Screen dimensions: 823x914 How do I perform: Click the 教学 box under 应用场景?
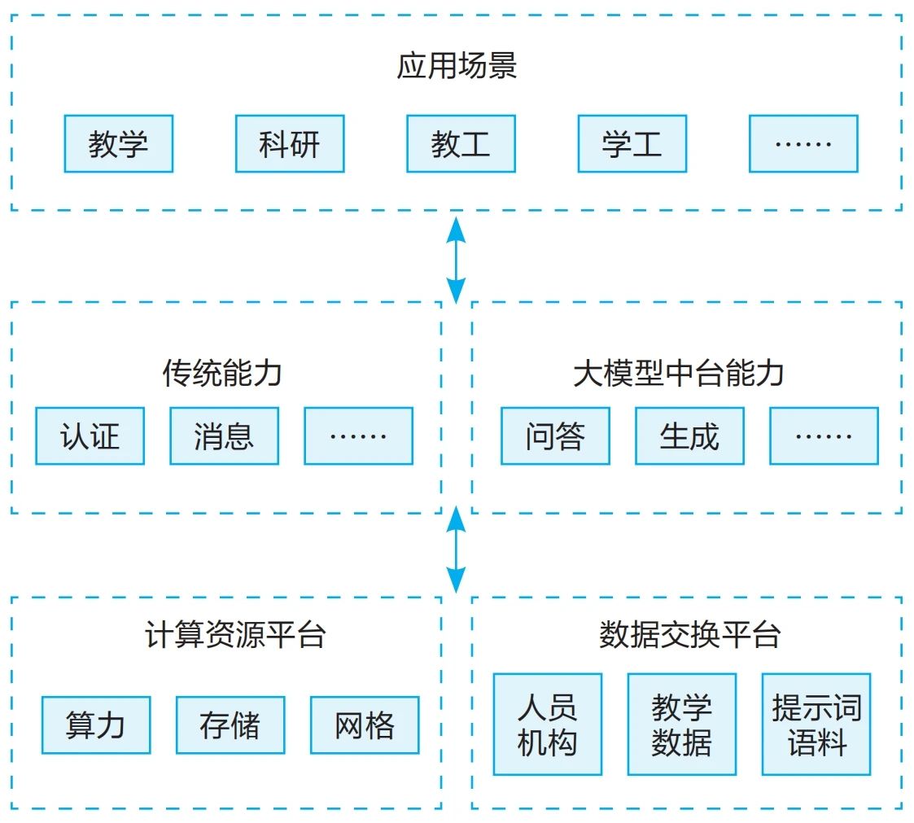[119, 144]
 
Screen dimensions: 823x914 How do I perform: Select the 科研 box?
[290, 144]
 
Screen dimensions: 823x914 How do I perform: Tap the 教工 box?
[461, 144]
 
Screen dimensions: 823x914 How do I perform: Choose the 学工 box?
[632, 144]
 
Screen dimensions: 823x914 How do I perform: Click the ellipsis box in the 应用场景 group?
[803, 144]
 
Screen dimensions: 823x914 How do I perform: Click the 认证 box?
[90, 436]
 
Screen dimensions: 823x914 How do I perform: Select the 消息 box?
[224, 436]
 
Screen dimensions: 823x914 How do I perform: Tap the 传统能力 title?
[222, 374]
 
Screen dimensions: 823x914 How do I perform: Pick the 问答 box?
[555, 436]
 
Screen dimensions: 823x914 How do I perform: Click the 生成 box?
[689, 436]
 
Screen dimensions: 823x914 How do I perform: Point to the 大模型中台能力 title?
[679, 374]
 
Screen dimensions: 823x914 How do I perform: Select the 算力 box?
[96, 725]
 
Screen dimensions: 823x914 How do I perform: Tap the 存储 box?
[230, 725]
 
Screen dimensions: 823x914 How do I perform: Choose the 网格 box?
[365, 725]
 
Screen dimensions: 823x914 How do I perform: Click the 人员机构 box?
[548, 725]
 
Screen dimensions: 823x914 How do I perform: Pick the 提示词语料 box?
[816, 725]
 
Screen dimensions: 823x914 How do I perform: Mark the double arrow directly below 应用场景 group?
[457, 257]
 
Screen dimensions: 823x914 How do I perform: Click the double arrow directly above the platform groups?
[457, 549]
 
